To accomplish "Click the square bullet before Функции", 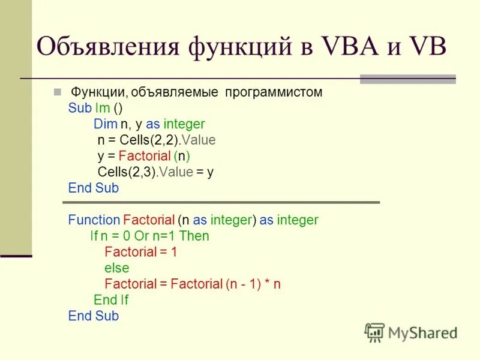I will (57, 92).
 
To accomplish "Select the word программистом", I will (274, 92).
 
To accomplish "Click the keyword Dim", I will (105, 124).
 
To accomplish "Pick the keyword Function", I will (94, 220).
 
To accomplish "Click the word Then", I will (194, 236).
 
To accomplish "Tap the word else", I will (116, 268).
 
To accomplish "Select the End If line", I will (111, 300).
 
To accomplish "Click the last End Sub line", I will (94, 316).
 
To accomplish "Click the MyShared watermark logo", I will (411, 332).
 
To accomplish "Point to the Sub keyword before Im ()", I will (80, 109).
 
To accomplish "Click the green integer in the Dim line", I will (184, 124).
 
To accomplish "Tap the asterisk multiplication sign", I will (265, 284).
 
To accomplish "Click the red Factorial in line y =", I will (144, 156).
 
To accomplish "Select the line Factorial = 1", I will (140, 252).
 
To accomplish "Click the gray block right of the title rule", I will (407, 79).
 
